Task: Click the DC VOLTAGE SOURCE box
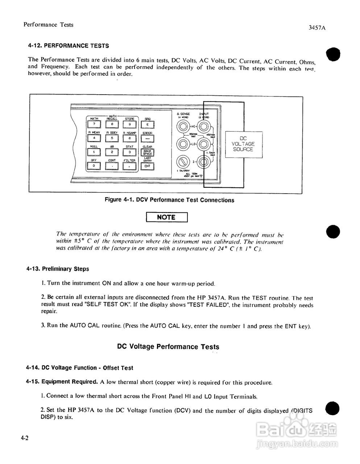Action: pyautogui.click(x=243, y=144)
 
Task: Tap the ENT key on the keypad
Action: pyautogui.click(x=147, y=166)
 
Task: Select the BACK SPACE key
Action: pyautogui.click(x=147, y=152)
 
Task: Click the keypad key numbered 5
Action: pyautogui.click(x=112, y=138)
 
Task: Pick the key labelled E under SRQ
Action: pyautogui.click(x=147, y=124)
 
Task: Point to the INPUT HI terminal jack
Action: pyautogui.click(x=203, y=127)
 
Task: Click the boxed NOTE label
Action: pyautogui.click(x=166, y=217)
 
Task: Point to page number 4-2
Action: pyautogui.click(x=25, y=438)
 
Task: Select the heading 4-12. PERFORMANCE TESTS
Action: pyautogui.click(x=69, y=46)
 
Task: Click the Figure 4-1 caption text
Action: pyautogui.click(x=169, y=200)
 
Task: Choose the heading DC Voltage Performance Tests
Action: pyautogui.click(x=168, y=347)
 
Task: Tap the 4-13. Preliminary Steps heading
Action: pyautogui.click(x=58, y=269)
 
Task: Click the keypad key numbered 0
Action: pyautogui.click(x=94, y=166)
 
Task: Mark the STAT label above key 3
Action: pyautogui.click(x=129, y=146)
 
